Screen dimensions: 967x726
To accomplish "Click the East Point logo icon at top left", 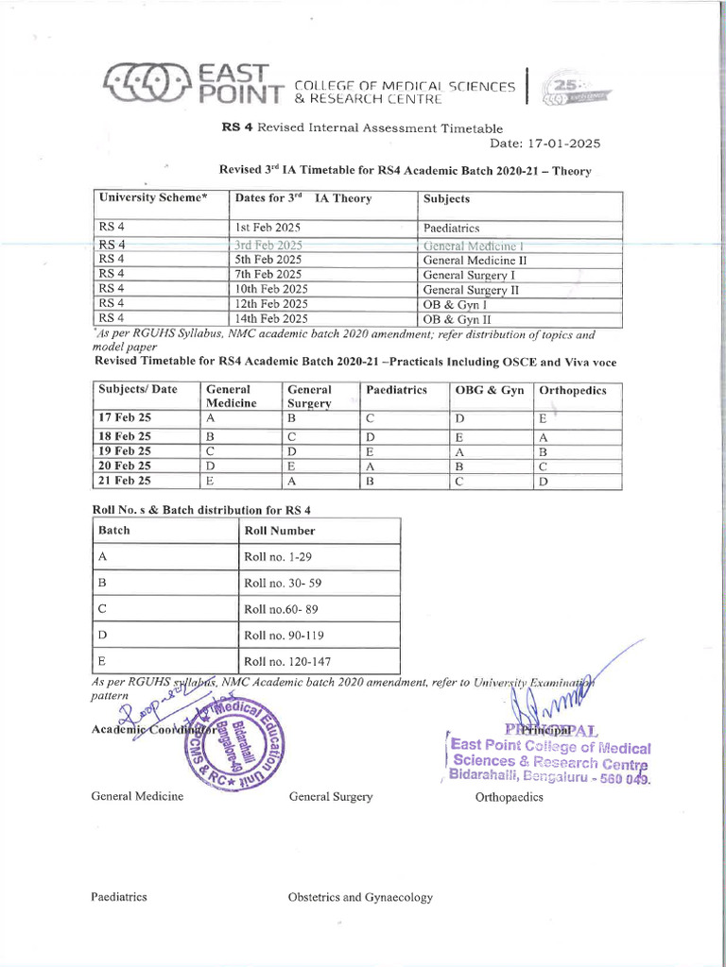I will point(145,83).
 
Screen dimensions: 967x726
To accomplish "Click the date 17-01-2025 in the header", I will point(544,144).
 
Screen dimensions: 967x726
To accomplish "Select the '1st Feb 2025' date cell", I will point(268,229).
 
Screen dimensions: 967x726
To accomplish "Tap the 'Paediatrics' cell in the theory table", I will point(452,229).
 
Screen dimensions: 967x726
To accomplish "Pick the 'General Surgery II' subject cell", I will point(471,290).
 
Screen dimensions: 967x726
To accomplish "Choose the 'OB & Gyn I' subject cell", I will point(455,305).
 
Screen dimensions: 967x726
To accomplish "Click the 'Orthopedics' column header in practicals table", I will point(572,390).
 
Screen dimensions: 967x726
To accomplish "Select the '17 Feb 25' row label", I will point(125,417).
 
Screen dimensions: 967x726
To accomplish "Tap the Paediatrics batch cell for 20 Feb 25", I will point(371,466).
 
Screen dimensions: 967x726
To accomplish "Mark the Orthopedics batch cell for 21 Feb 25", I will point(543,481).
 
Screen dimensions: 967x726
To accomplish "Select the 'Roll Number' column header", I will point(280,531).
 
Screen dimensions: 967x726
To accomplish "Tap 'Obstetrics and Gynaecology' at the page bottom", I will point(360,898).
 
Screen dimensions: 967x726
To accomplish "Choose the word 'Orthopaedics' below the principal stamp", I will point(509,797).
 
